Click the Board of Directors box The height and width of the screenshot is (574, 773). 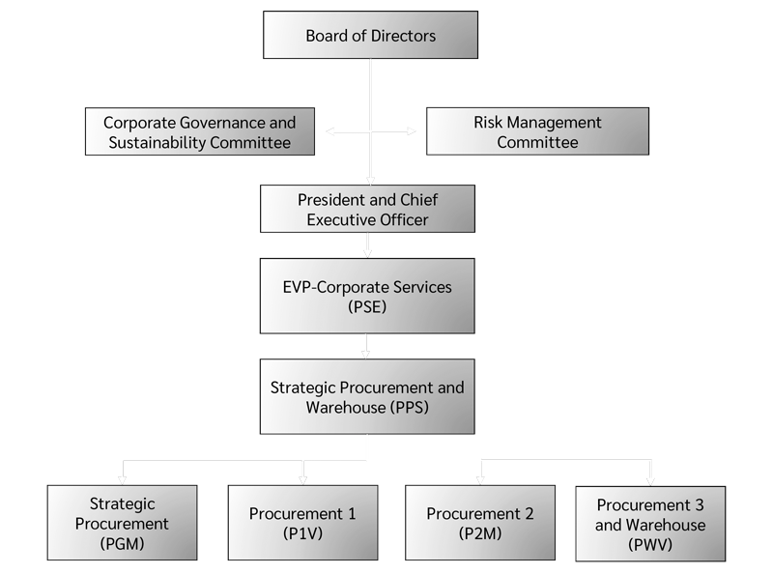click(x=370, y=37)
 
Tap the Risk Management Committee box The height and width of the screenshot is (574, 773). click(x=537, y=132)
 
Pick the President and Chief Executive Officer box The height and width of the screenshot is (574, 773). click(x=367, y=208)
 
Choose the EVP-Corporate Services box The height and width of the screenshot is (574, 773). click(x=366, y=297)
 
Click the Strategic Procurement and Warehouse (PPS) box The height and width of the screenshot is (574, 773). click(x=366, y=396)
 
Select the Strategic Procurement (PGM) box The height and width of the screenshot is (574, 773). click(x=122, y=523)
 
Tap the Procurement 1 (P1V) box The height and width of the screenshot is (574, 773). click(x=302, y=523)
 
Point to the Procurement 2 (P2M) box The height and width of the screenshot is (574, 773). click(x=479, y=523)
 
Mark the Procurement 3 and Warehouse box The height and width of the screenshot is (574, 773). click(x=649, y=525)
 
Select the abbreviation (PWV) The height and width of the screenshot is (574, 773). click(x=649, y=545)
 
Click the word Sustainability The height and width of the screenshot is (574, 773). click(x=170, y=143)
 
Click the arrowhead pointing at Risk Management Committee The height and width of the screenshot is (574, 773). click(x=418, y=131)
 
